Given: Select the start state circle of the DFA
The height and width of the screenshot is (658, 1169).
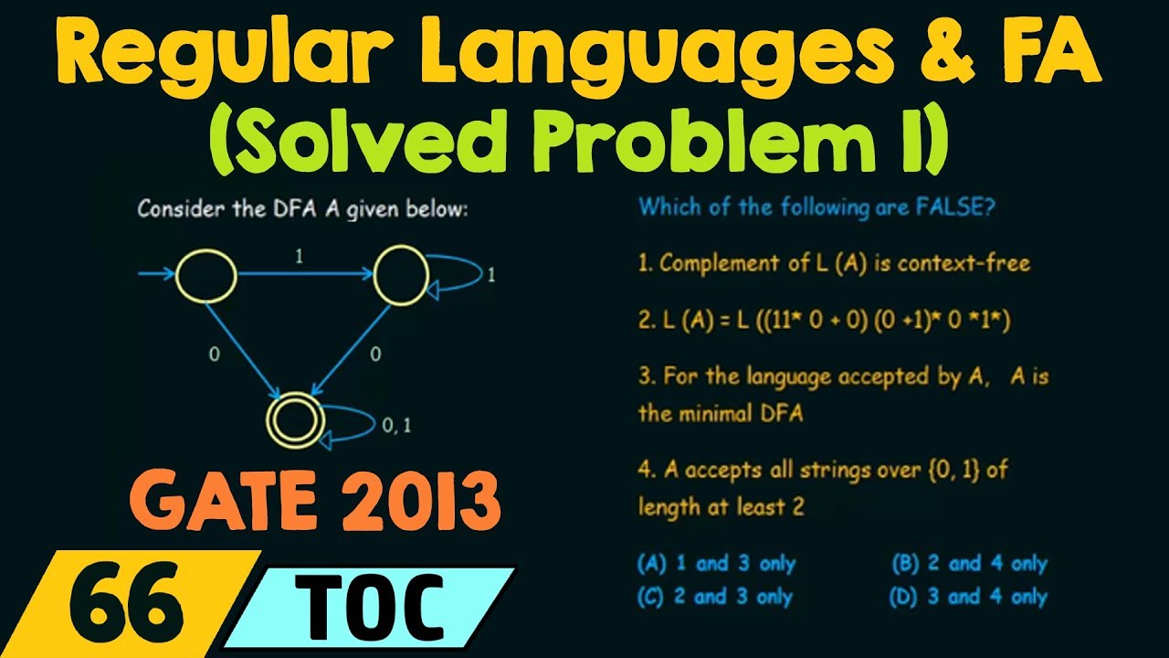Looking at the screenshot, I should pyautogui.click(x=205, y=273).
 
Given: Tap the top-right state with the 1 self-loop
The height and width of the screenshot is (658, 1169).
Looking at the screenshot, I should pyautogui.click(x=400, y=273).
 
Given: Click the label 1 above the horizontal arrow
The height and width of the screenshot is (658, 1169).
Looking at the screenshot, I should pyautogui.click(x=298, y=259).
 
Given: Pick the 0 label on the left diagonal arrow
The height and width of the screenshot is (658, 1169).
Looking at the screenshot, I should pyautogui.click(x=214, y=355).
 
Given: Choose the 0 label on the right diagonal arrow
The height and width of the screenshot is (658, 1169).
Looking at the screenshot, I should pyautogui.click(x=374, y=355).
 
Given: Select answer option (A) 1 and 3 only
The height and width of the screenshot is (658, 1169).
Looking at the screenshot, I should pyautogui.click(x=716, y=564).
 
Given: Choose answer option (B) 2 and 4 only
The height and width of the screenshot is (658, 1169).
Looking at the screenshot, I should pyautogui.click(x=969, y=564).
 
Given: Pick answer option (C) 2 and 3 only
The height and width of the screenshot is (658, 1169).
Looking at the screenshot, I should pyautogui.click(x=716, y=597).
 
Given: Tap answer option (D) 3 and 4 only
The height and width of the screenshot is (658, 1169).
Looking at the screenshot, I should pyautogui.click(x=969, y=597).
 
